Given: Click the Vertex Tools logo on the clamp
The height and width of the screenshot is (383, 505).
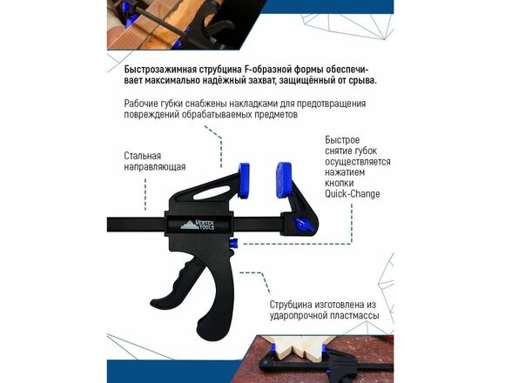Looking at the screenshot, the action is click(198, 225).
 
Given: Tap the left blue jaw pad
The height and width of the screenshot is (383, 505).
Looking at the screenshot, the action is click(244, 180).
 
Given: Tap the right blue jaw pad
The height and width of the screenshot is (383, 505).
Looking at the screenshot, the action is click(284, 181).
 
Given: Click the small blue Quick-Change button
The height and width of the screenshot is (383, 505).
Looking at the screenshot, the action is click(234, 244).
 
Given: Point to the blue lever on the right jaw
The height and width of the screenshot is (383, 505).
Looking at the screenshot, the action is click(303, 224).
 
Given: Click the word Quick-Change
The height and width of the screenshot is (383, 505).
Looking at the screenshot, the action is click(353, 194).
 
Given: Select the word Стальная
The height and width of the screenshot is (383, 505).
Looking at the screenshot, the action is click(142, 156).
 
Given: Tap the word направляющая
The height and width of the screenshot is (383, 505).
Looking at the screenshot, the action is click(155, 167).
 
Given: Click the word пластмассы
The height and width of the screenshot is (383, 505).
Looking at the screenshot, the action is click(353, 316).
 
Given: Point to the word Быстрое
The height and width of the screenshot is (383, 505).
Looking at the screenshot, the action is click(342, 140).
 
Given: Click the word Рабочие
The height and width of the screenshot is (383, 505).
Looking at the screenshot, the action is click(140, 104).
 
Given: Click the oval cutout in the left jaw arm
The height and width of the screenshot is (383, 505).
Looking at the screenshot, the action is click(212, 192).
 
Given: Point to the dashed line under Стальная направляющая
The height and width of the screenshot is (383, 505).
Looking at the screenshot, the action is click(145, 194).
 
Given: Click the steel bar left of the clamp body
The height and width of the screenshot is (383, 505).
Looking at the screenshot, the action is click(136, 225).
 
